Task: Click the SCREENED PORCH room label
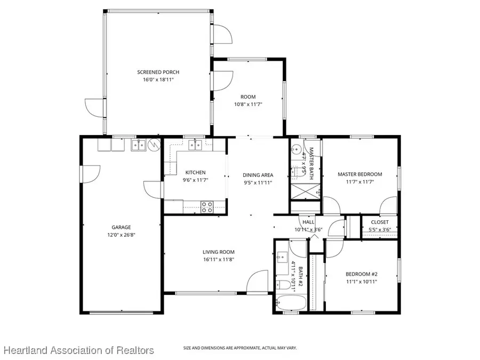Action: [158, 72]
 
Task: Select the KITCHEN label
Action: [195, 172]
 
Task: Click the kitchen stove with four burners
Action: [206, 206]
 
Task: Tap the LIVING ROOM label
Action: [218, 252]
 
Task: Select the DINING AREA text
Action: [258, 175]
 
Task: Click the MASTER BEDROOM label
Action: [360, 174]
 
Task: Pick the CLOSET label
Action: [380, 222]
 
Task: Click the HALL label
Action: [309, 222]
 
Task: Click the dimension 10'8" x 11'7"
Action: [248, 105]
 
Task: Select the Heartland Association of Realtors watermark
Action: [79, 350]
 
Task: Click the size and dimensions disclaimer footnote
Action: [240, 348]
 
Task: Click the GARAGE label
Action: [121, 227]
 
